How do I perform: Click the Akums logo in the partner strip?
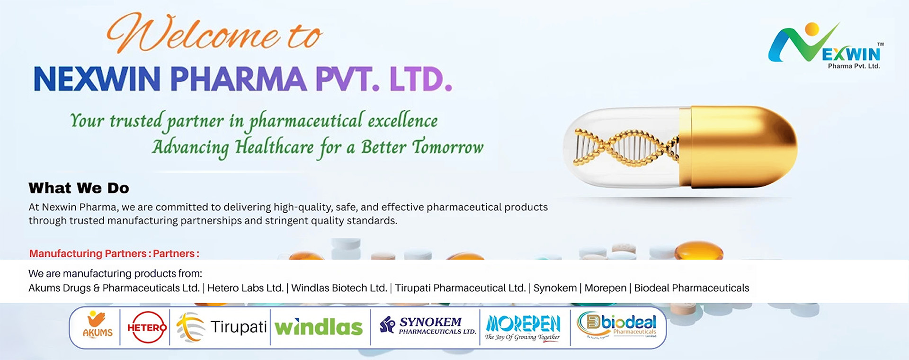(98, 325)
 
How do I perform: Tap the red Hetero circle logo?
(146, 327)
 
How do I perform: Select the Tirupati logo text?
(239, 327)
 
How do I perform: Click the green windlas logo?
(319, 327)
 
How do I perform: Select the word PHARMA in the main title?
(238, 79)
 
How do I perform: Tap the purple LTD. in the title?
(421, 79)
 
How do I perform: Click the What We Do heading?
(79, 188)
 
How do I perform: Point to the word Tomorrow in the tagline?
(447, 147)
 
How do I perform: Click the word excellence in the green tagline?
(402, 121)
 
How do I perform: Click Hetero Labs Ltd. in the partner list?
(245, 288)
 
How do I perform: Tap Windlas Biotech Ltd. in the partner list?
(339, 288)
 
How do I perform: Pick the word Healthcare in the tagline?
(274, 147)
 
